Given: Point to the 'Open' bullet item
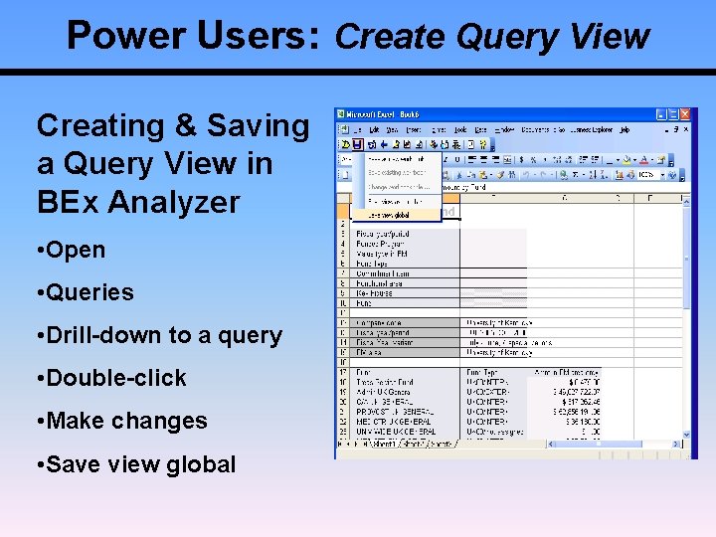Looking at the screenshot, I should [x=76, y=250].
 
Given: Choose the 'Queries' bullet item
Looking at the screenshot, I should [x=89, y=292].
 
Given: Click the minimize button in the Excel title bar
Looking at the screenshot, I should [x=659, y=115].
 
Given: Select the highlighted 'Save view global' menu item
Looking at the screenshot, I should [x=393, y=214].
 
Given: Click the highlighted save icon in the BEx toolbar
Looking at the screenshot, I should [x=357, y=143].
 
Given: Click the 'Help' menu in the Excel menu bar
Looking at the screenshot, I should [x=624, y=130].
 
